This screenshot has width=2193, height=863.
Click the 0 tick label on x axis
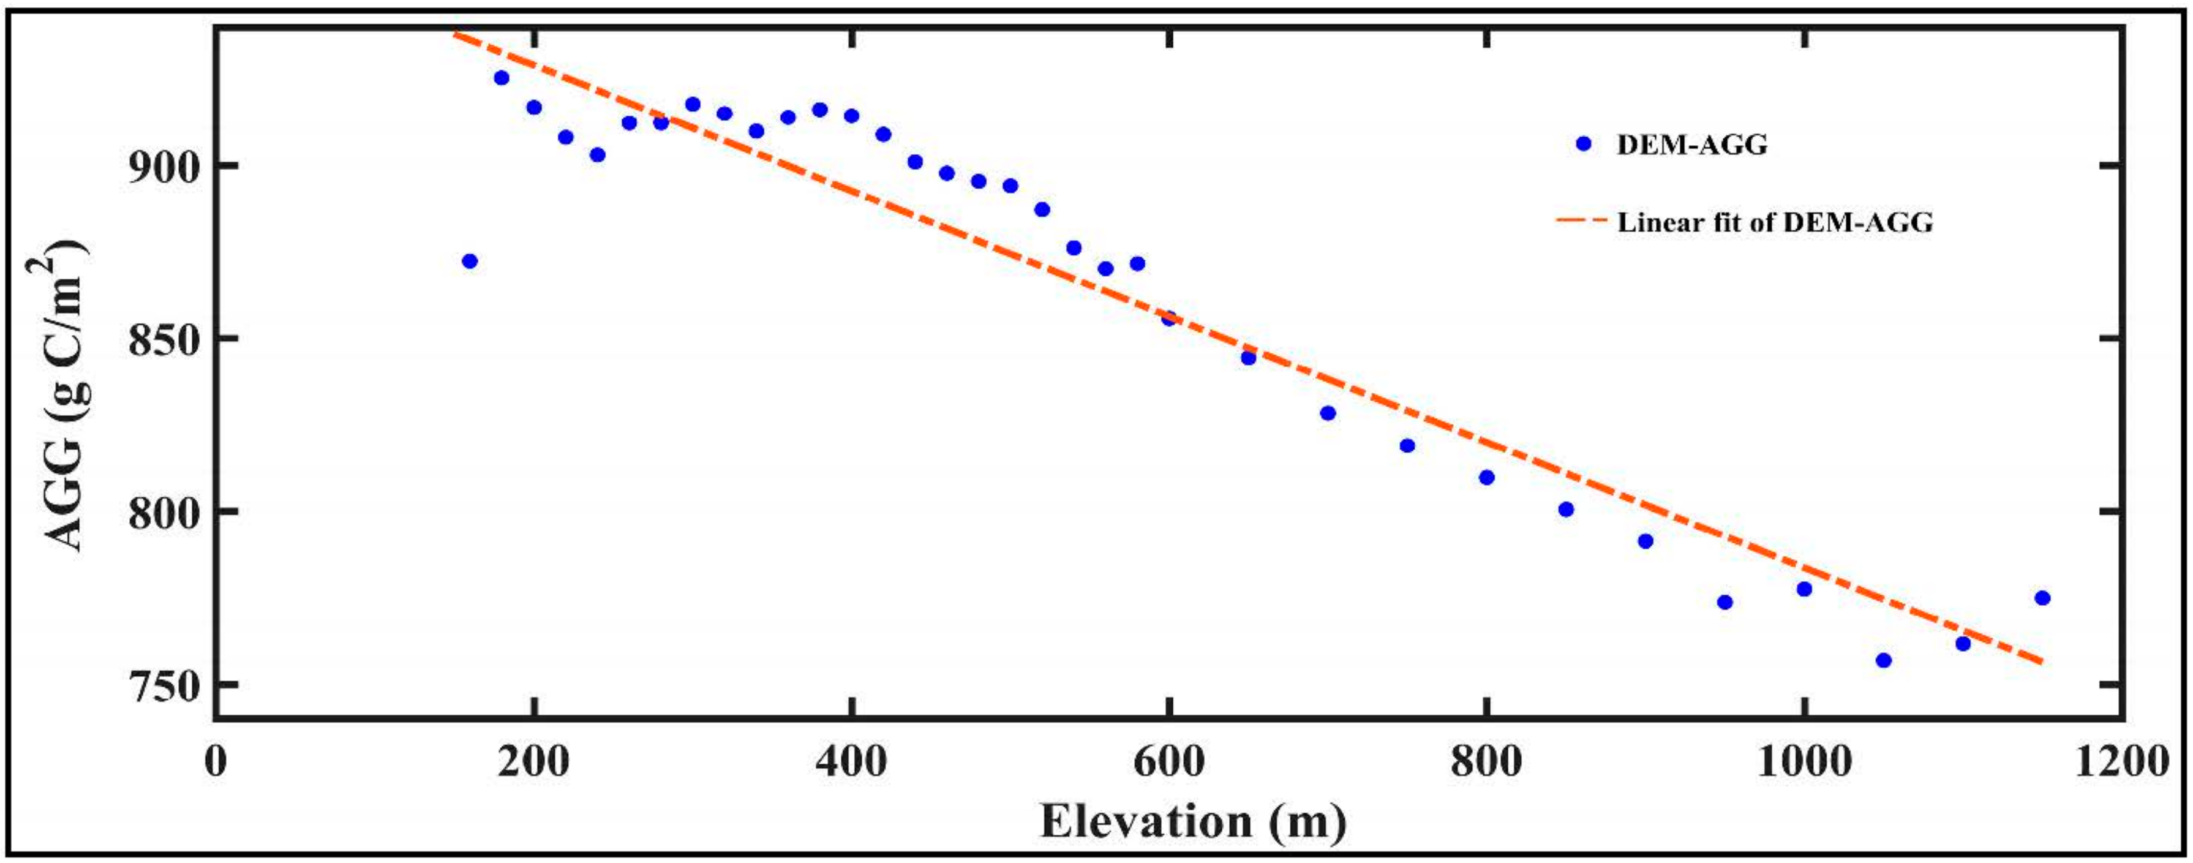[216, 760]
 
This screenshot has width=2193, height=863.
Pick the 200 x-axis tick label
[534, 760]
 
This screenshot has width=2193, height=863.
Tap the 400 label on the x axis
[851, 760]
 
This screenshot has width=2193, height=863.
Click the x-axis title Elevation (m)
[1194, 821]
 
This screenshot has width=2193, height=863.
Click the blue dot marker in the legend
[1584, 144]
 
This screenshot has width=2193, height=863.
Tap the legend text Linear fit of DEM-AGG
[1775, 222]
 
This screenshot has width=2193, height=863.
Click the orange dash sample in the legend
[1581, 221]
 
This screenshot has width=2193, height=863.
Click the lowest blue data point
[1883, 660]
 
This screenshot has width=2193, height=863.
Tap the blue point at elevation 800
[1486, 478]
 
